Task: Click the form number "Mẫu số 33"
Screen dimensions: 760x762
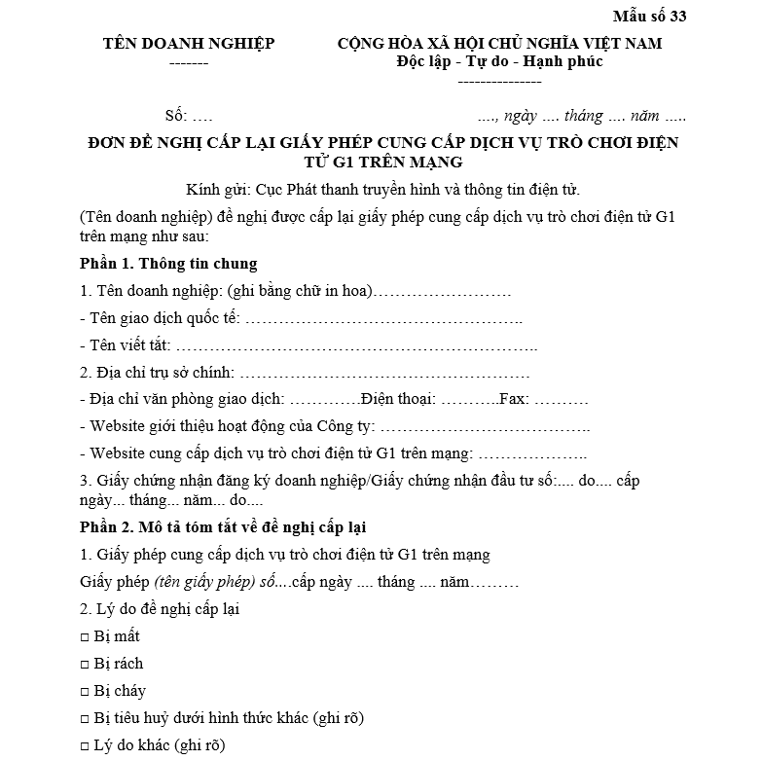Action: point(649,17)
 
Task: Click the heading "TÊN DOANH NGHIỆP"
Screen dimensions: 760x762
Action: point(189,44)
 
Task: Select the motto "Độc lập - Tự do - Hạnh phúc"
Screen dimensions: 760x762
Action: point(499,62)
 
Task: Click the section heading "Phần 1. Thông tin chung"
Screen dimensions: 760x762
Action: point(168,264)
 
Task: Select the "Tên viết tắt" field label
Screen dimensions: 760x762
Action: point(130,345)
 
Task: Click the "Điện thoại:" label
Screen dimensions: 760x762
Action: point(398,399)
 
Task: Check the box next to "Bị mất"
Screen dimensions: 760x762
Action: point(85,637)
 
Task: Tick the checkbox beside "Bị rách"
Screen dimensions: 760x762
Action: point(85,665)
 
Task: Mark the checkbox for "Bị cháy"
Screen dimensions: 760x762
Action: point(85,692)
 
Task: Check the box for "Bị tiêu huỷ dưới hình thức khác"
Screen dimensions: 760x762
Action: point(85,719)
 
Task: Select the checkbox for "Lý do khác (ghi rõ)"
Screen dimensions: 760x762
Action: point(85,746)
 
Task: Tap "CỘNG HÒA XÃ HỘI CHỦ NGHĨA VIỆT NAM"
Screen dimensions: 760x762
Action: point(499,44)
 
